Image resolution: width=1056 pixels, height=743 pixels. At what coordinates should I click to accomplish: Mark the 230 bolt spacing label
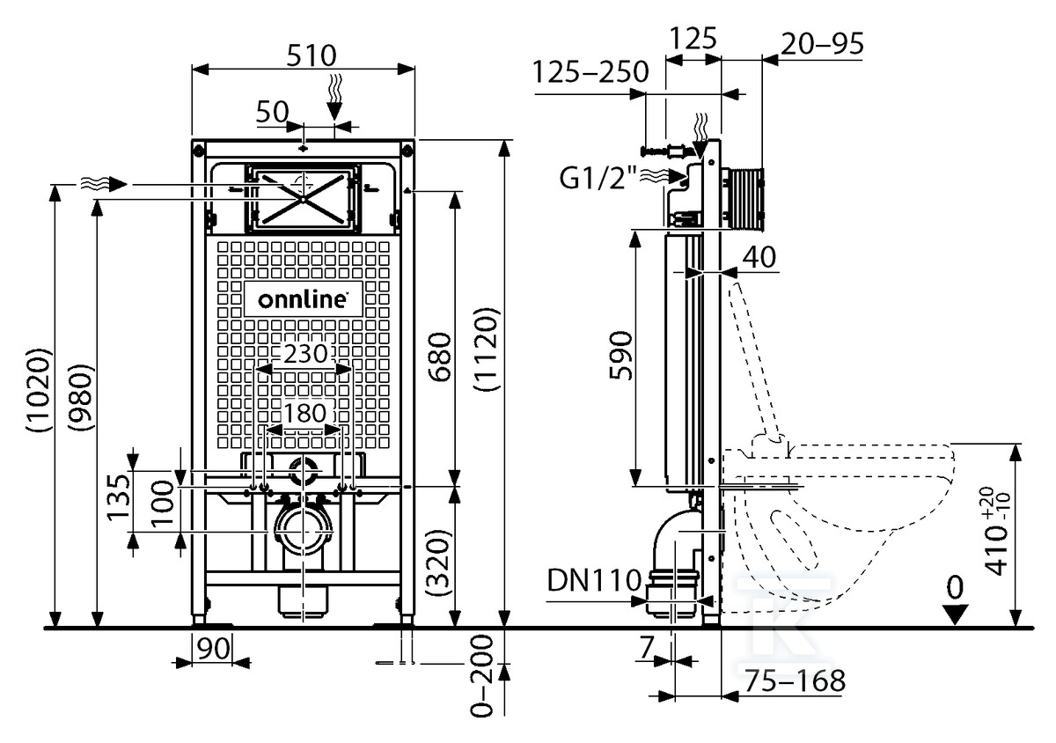point(304,354)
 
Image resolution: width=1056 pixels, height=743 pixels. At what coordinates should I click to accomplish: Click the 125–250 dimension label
point(591,73)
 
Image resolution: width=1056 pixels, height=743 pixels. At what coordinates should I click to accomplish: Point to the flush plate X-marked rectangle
point(302,196)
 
